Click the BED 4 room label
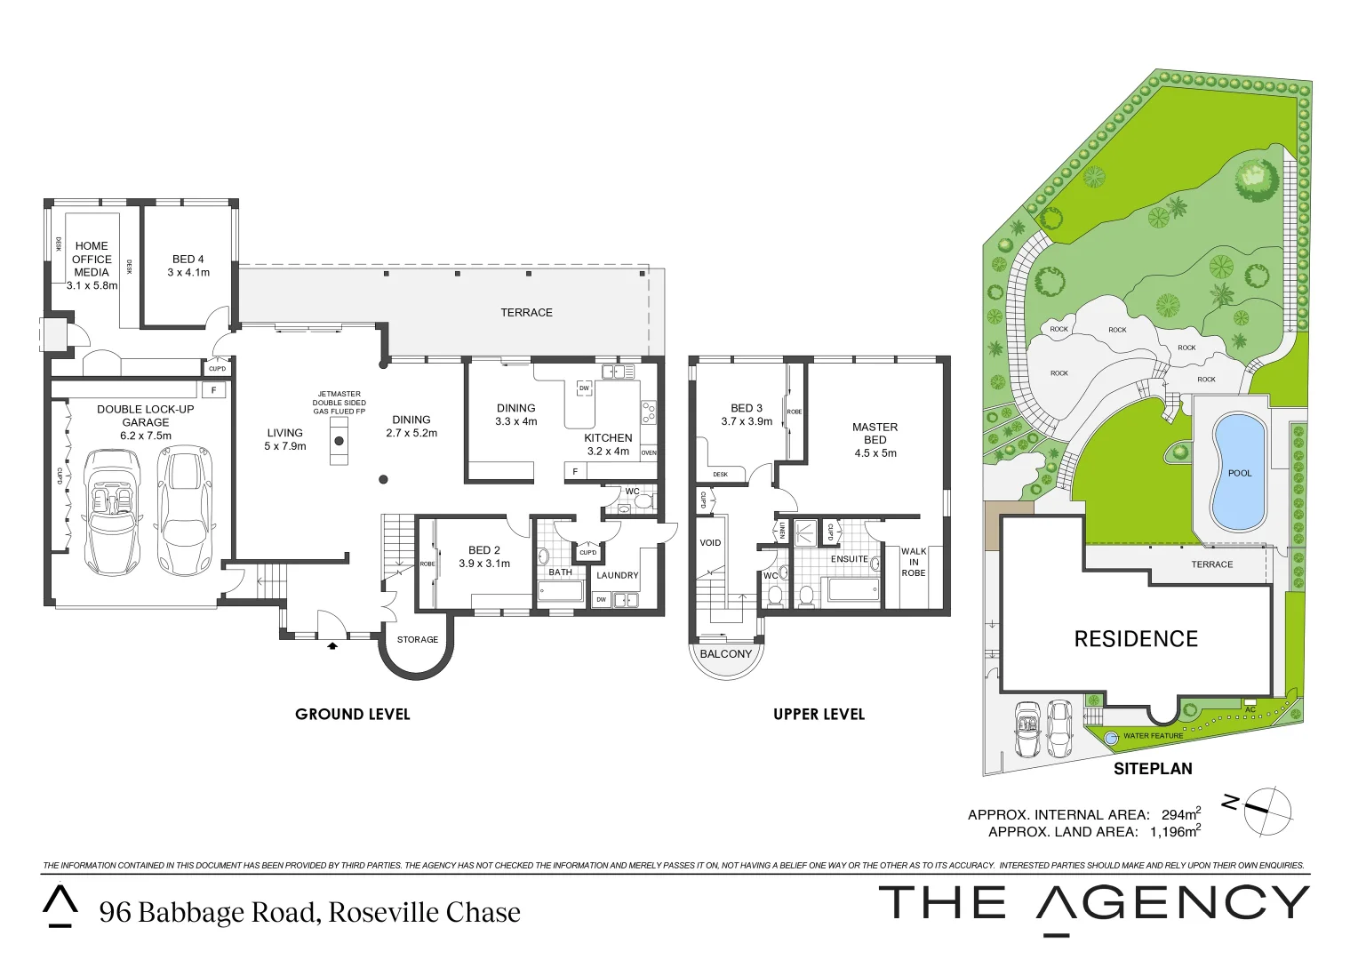(x=188, y=260)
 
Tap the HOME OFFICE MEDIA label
(x=92, y=259)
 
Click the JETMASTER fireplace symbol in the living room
(x=339, y=441)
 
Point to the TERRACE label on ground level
(x=526, y=313)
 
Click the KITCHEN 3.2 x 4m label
(x=608, y=444)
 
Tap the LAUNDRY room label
(x=617, y=575)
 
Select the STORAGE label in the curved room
(x=417, y=640)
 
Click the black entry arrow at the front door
(x=332, y=646)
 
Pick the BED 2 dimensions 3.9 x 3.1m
(x=484, y=564)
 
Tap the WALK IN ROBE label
(x=914, y=563)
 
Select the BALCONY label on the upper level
(x=725, y=654)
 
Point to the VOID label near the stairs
(x=710, y=543)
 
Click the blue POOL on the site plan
(x=1239, y=473)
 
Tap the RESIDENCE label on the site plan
(x=1136, y=639)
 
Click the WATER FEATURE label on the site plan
(x=1153, y=736)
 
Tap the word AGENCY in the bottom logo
(x=1172, y=904)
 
